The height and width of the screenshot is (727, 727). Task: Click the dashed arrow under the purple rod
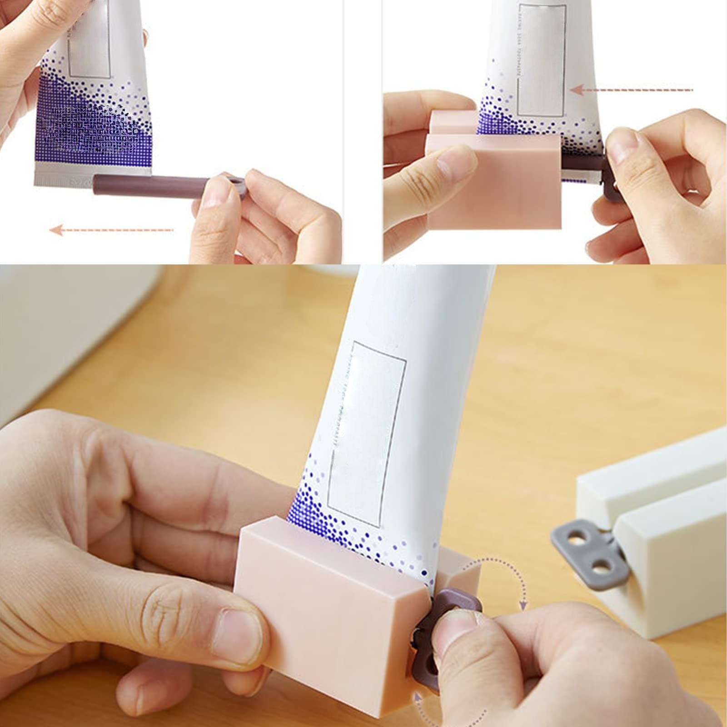(111, 230)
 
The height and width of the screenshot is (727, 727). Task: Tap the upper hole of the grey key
(576, 539)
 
